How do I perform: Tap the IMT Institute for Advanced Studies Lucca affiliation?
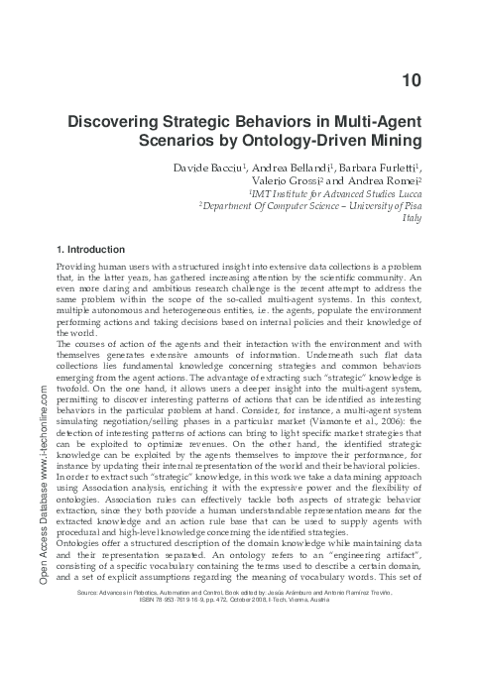click(361, 197)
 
